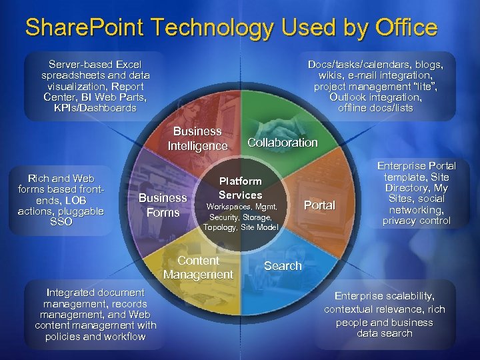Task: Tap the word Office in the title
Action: point(403,27)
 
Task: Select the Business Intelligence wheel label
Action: point(197,139)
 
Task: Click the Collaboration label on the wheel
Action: point(282,143)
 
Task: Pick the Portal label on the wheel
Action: point(319,205)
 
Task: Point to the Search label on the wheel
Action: point(283,266)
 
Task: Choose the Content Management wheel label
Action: point(198,267)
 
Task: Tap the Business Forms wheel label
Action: point(163,205)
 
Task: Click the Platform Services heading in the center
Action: point(241,188)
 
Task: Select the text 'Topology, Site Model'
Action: point(240,227)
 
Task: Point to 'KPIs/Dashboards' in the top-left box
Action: point(95,108)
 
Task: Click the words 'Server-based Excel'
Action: point(95,65)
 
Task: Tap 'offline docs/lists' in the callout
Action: point(375,108)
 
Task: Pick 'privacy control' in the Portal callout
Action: point(417,221)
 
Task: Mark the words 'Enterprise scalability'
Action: point(385,296)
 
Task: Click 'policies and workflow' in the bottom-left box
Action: point(95,337)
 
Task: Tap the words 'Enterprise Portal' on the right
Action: point(417,166)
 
